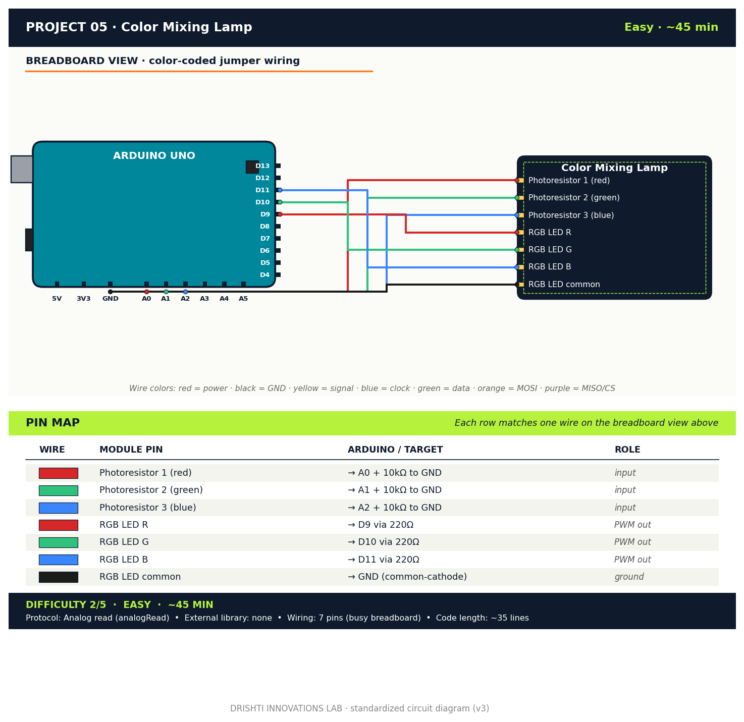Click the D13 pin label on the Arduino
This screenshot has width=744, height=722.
click(x=262, y=166)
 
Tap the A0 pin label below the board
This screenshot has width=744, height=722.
click(x=146, y=299)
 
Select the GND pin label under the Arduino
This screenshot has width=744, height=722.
click(x=110, y=299)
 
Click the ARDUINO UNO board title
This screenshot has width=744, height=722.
click(x=154, y=156)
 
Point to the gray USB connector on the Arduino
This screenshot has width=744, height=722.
click(x=22, y=169)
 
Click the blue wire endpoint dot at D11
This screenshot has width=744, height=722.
click(x=280, y=190)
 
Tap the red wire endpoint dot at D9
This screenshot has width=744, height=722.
click(x=280, y=214)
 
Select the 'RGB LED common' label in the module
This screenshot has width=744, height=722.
click(x=564, y=285)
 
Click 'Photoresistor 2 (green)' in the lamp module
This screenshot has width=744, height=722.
click(x=573, y=198)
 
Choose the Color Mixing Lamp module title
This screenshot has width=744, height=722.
click(x=614, y=168)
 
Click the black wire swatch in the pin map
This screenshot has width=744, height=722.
click(x=59, y=577)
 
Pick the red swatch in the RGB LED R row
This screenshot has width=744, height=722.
click(x=59, y=525)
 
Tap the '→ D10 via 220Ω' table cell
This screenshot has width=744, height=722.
click(x=383, y=542)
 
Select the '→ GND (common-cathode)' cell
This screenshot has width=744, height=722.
click(x=407, y=577)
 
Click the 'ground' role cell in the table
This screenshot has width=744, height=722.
click(x=629, y=577)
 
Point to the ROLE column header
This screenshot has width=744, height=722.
click(x=627, y=450)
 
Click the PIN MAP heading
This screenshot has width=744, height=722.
click(x=52, y=423)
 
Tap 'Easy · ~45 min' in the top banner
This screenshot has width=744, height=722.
click(x=671, y=27)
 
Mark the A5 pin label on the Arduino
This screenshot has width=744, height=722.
click(x=243, y=299)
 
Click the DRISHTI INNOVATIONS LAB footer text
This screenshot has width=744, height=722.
click(x=359, y=708)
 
